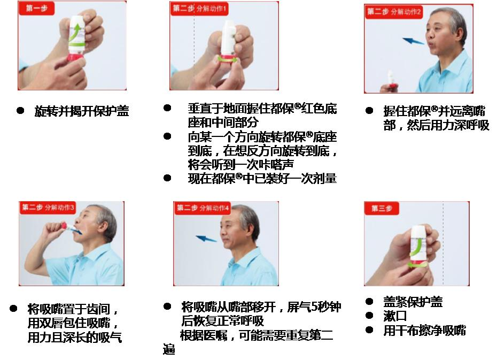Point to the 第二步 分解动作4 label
[x=204, y=208]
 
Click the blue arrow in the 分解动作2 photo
[x=414, y=40]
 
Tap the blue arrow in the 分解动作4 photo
[x=206, y=239]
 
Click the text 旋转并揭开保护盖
[x=82, y=111]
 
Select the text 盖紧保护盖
[x=413, y=302]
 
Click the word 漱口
[x=395, y=316]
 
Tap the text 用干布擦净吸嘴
[x=425, y=330]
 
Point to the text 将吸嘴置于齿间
[x=73, y=309]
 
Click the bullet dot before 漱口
[x=369, y=315]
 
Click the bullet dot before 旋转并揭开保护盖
[x=20, y=110]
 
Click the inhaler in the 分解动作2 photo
[x=391, y=80]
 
